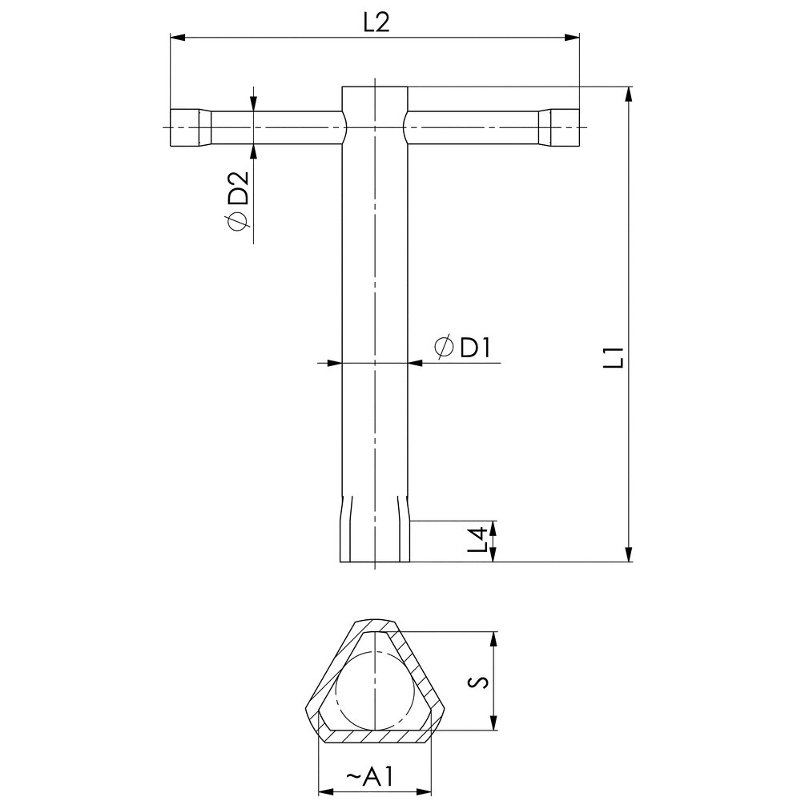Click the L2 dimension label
tap(376, 22)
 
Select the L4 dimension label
tap(477, 541)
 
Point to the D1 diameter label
tap(475, 348)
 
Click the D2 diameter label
tap(238, 187)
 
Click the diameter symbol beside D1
tap(444, 348)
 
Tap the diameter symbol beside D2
tap(238, 221)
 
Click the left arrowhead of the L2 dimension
tap(177, 38)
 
